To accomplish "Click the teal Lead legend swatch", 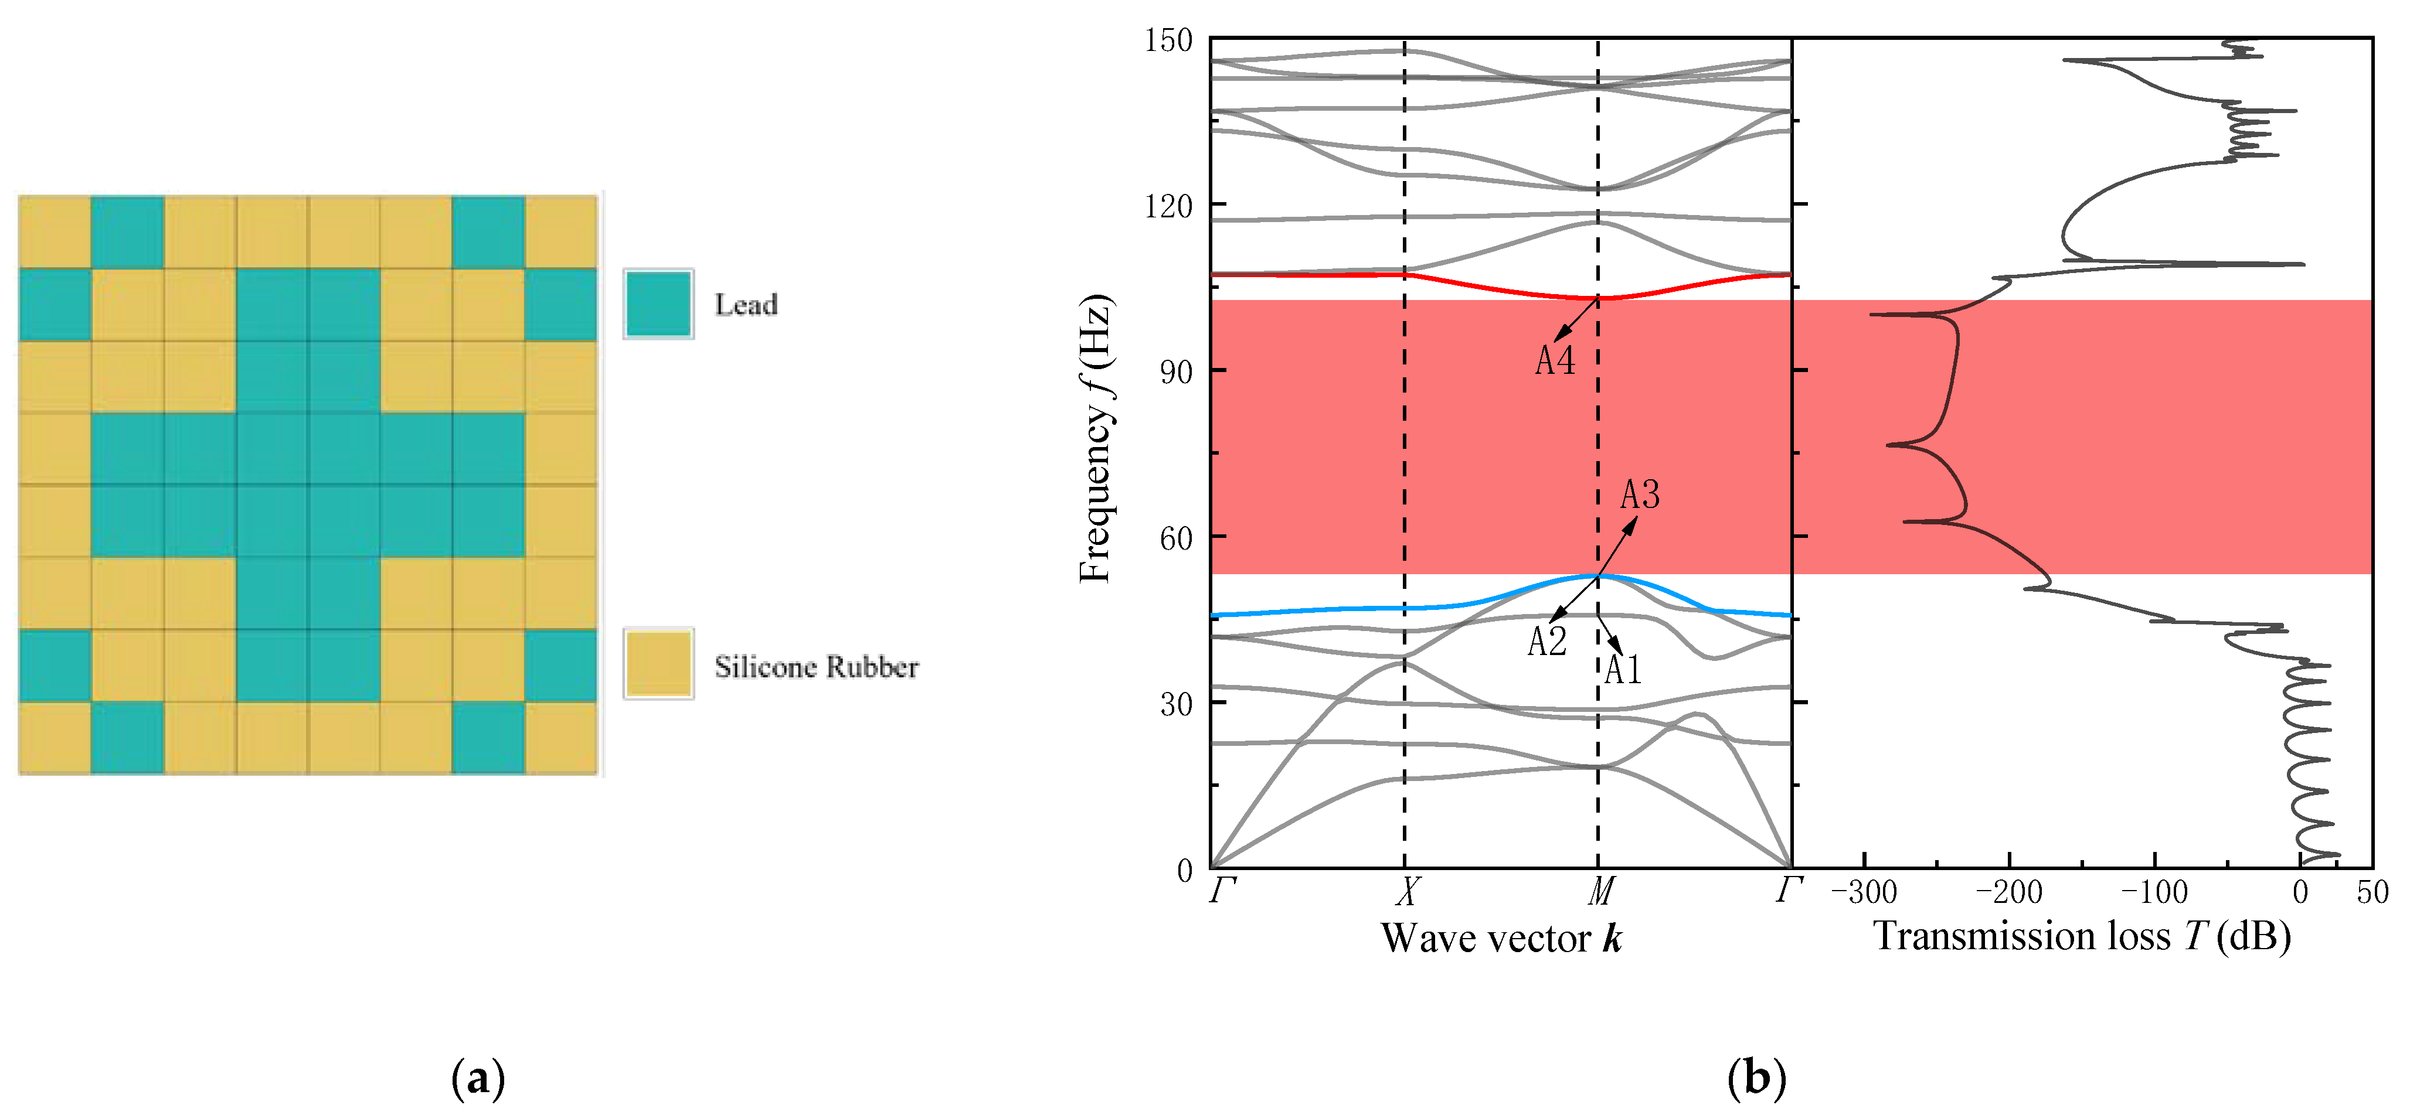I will (659, 304).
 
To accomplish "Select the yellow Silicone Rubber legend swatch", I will (659, 664).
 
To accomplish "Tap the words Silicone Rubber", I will (816, 667).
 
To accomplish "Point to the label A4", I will (1555, 361).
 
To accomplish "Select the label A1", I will (1623, 670).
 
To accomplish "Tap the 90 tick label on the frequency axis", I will (1176, 372).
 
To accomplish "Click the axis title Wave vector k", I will (1501, 938).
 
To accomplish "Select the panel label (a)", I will (478, 1079).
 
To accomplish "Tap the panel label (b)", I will (1756, 1079).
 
